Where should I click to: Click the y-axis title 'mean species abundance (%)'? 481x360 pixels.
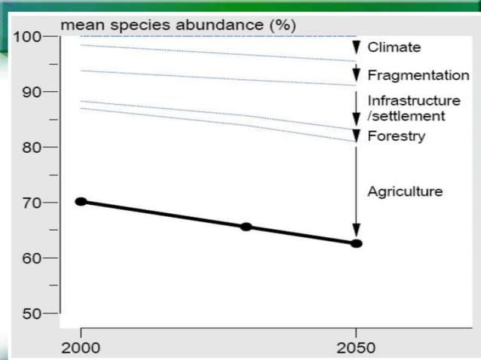coord(178,25)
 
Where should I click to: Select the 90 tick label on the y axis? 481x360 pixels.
coord(31,92)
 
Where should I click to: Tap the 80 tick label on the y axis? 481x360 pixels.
coord(31,147)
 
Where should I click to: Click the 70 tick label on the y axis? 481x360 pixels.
coord(31,203)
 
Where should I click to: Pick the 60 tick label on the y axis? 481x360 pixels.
coord(31,258)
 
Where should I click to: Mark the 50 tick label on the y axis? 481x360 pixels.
coord(31,313)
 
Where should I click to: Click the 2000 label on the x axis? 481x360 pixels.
coord(81,347)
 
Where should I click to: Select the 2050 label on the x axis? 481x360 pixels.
coord(357,347)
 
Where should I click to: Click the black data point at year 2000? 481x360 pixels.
coord(81,201)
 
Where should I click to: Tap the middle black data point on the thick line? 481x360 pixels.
coord(246,227)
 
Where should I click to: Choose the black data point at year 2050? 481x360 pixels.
coord(357,243)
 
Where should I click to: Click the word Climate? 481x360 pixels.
coord(394,47)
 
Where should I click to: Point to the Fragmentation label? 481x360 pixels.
coord(418,76)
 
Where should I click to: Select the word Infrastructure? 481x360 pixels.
coord(413,101)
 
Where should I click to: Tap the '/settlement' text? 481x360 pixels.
coord(406,116)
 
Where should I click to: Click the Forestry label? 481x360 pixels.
coord(396,136)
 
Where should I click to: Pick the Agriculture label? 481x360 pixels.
coord(404,192)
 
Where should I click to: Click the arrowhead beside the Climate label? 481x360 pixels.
coord(357,47)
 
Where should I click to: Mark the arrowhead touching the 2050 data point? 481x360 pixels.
coord(357,231)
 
